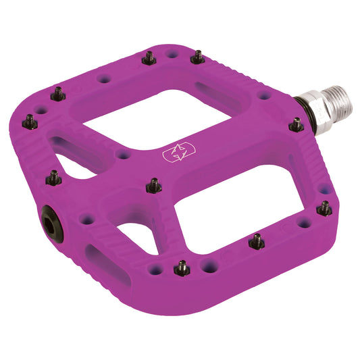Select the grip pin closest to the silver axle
coord(296,124)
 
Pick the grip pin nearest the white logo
coord(154,184)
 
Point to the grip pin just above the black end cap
coord(53,178)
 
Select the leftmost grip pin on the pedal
coord(30,122)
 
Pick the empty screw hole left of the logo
coord(122,155)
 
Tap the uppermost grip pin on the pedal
coord(197,57)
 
